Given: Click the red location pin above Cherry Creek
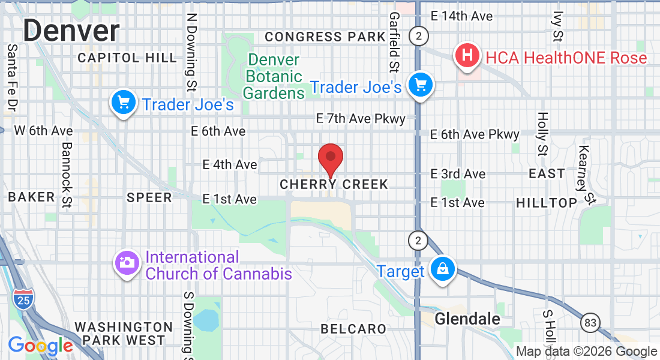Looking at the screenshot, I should click(x=330, y=158).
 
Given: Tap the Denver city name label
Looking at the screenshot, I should click(x=71, y=30).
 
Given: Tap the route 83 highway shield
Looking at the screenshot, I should click(x=590, y=323).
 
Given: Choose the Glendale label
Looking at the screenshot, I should click(x=467, y=319).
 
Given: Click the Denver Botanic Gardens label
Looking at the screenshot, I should click(x=274, y=77).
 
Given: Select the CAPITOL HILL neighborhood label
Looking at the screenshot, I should click(x=127, y=58).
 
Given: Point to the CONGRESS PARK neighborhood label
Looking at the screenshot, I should click(x=325, y=37).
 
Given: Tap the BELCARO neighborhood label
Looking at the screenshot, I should click(x=353, y=329).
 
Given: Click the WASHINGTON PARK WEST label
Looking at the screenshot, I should click(x=124, y=334).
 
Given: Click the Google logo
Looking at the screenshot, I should click(x=40, y=346).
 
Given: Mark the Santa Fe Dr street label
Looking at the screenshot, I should click(x=11, y=78).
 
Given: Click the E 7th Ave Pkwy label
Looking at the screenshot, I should click(x=361, y=119).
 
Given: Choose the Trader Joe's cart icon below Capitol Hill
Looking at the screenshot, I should click(x=124, y=103).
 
